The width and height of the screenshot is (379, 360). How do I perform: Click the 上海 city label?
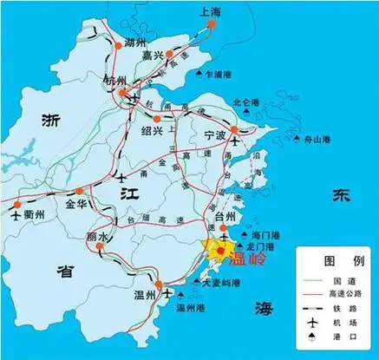click(209, 11)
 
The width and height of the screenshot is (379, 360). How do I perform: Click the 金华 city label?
click(75, 205)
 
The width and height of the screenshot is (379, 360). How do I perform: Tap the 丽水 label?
click(97, 236)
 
